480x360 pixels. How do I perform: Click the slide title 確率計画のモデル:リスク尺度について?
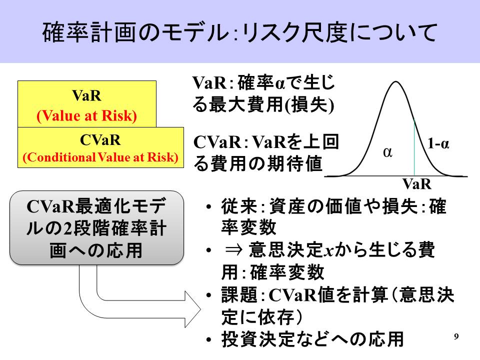click(x=239, y=32)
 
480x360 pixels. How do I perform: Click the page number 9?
click(x=456, y=336)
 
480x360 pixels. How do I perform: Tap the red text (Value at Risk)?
click(x=86, y=115)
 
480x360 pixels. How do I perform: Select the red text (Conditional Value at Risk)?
click(x=100, y=157)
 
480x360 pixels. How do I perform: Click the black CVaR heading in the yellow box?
click(x=100, y=140)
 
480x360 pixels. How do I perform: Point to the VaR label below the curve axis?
click(x=416, y=184)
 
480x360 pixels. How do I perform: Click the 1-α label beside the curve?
click(x=438, y=143)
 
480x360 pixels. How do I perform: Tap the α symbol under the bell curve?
click(x=387, y=152)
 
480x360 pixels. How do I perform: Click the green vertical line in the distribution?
click(x=414, y=147)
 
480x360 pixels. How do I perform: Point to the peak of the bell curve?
click(x=396, y=81)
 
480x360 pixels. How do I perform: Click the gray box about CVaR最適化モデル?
click(x=96, y=227)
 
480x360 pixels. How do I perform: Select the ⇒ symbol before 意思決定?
click(x=233, y=250)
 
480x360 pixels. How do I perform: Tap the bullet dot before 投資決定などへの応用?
click(x=209, y=340)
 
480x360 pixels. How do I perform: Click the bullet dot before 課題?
click(x=209, y=295)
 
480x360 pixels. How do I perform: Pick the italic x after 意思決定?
click(x=329, y=251)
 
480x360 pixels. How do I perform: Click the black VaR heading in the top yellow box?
click(x=86, y=95)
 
